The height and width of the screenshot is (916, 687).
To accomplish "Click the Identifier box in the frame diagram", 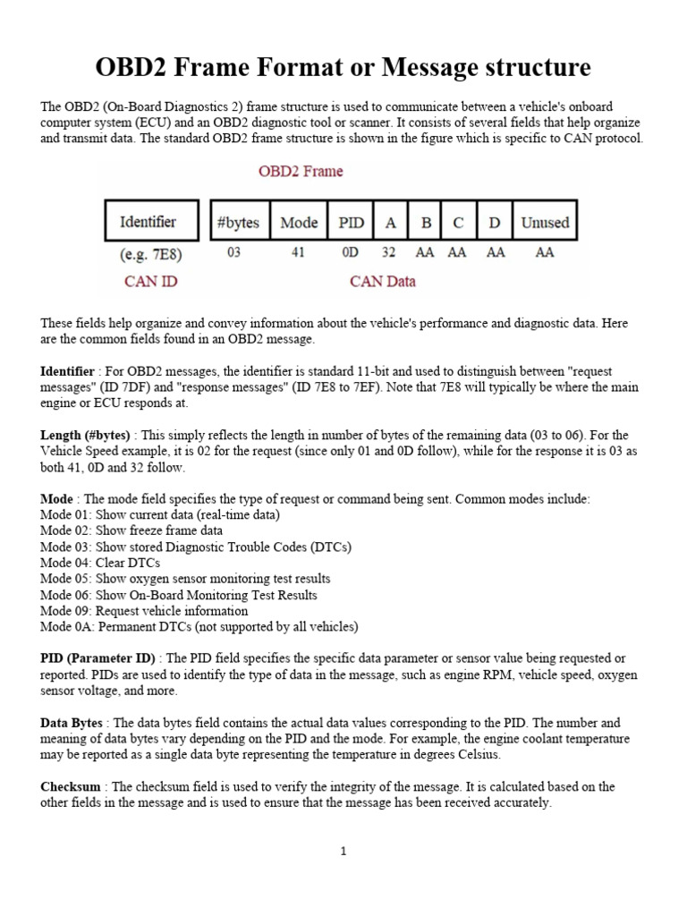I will pyautogui.click(x=148, y=222).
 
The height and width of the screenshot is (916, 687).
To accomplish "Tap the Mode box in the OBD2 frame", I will pyautogui.click(x=299, y=222).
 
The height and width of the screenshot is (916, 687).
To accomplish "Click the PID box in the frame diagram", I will pyautogui.click(x=350, y=222).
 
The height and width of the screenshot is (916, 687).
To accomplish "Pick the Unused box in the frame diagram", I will pyautogui.click(x=544, y=222).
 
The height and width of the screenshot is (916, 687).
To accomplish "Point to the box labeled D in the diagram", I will pyautogui.click(x=494, y=222).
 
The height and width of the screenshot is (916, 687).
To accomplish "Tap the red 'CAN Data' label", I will pyautogui.click(x=382, y=282).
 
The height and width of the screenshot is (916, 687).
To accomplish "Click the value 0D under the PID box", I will pyautogui.click(x=350, y=253).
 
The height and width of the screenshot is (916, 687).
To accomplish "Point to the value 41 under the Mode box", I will pyautogui.click(x=298, y=253).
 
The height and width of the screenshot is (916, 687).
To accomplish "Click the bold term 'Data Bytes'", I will pyautogui.click(x=72, y=722).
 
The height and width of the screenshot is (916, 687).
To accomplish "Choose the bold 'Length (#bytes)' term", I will pyautogui.click(x=86, y=434).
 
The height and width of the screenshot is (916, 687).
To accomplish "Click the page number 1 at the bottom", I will pyautogui.click(x=343, y=852).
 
